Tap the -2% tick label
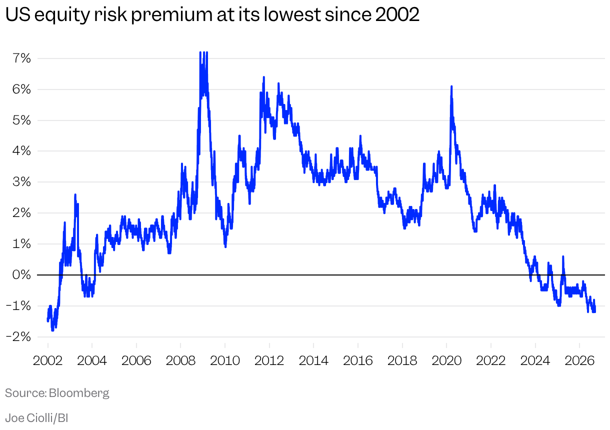(x=18, y=337)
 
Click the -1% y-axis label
(x=18, y=306)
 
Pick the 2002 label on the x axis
(x=48, y=360)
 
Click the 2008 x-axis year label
(x=180, y=360)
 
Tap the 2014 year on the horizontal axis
(x=313, y=360)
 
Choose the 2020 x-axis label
(x=446, y=360)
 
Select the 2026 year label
(x=579, y=360)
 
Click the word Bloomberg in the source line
(x=79, y=393)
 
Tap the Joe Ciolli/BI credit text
(x=36, y=418)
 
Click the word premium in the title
(x=172, y=15)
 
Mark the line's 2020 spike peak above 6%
(x=451, y=86)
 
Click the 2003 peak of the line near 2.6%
(x=75, y=194)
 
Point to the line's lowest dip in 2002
(x=52, y=330)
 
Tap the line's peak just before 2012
(x=263, y=77)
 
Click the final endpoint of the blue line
(x=595, y=311)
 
